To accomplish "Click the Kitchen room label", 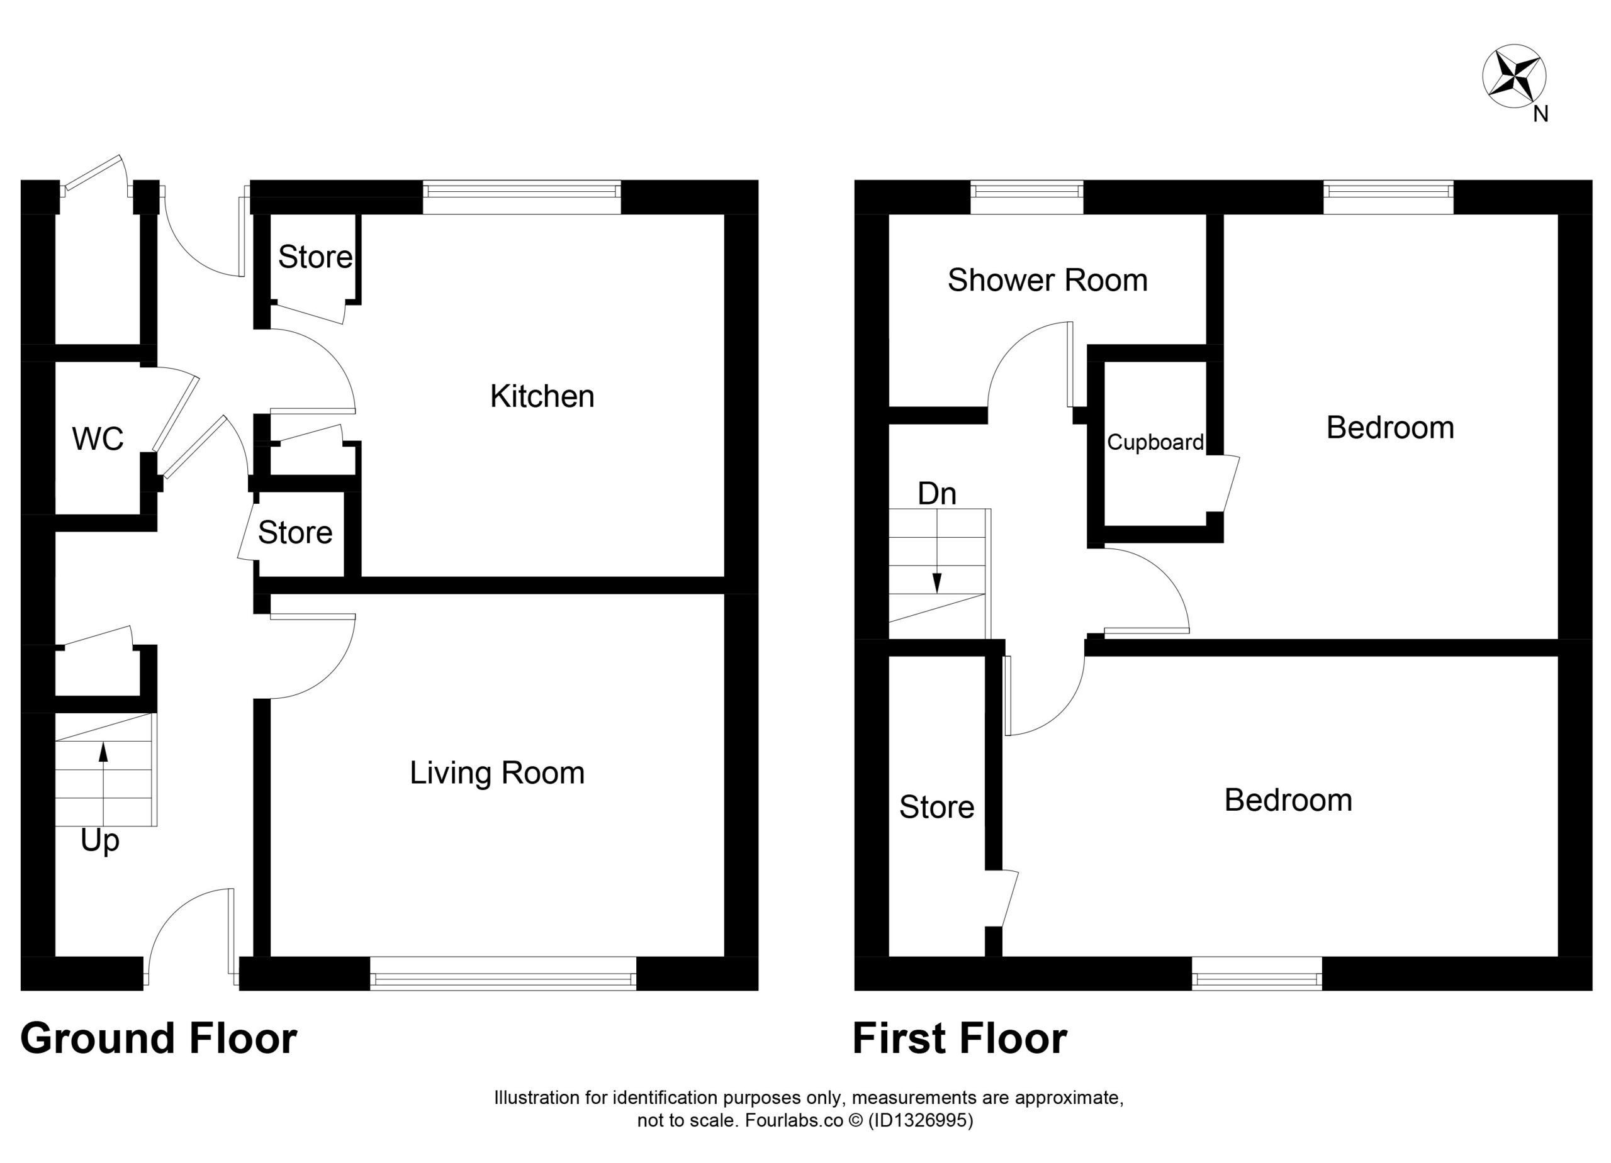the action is pos(542,396).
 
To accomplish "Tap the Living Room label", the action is pos(497,772).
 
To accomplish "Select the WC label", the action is pos(98,440).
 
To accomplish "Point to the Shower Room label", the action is pos(1048,281).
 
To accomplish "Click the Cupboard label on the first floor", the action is pos(1155,442).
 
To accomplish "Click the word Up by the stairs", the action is pos(99,842).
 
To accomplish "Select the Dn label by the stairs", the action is pos(937,494).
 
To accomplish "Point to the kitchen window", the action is pos(522,197).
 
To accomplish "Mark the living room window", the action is pos(503,974).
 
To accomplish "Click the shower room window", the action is pos(1026,197).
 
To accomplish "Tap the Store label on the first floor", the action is pos(937,807).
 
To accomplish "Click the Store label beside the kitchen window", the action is pos(315,257).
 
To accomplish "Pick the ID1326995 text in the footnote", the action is pos(921,1120).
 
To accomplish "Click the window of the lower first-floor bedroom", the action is pos(1257,974).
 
